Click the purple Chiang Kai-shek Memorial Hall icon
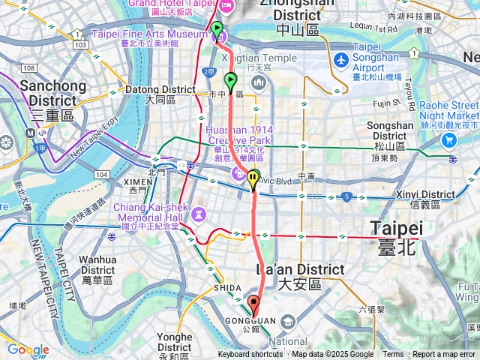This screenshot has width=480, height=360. tap(198, 214)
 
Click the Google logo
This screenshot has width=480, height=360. tap(28, 349)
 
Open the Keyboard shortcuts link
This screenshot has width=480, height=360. tap(250, 355)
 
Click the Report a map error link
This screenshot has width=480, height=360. tap(445, 355)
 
